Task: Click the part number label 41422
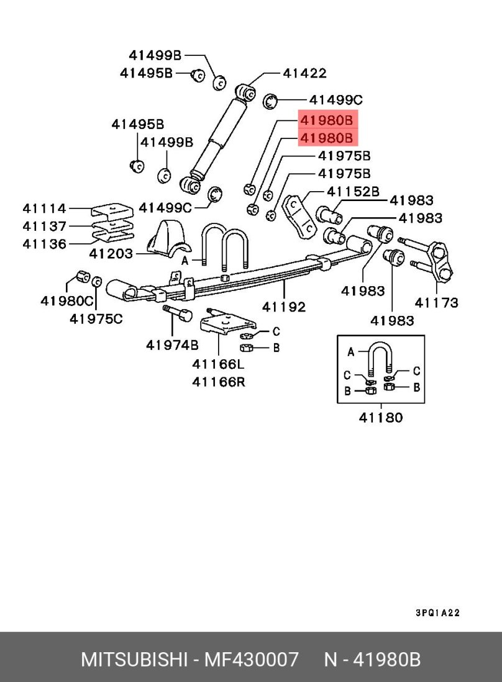point(304,73)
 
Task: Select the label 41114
point(45,209)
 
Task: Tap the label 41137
point(45,226)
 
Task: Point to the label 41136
point(45,243)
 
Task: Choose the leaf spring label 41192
point(284,306)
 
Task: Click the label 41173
point(437,302)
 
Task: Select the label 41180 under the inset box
point(380,418)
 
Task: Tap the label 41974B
point(173,344)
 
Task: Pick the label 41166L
point(219,364)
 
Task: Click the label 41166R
point(219,382)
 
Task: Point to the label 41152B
point(353,192)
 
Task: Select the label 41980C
point(67,301)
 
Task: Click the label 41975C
point(96,319)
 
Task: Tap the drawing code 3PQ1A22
point(437,612)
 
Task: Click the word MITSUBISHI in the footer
point(135,659)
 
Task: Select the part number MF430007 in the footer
point(249,659)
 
